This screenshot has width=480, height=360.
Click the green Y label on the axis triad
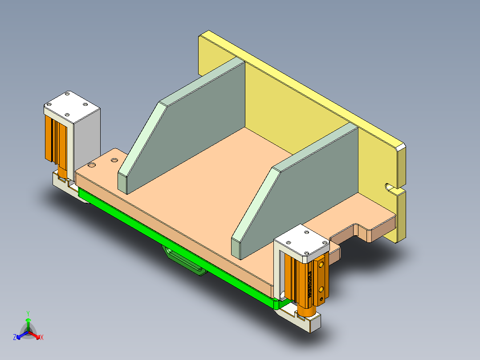pyautogui.click(x=28, y=313)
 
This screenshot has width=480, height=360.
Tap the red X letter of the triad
pyautogui.click(x=42, y=338)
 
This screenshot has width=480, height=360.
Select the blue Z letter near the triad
pyautogui.click(x=15, y=338)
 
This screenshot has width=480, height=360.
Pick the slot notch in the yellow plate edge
pyautogui.click(x=390, y=188)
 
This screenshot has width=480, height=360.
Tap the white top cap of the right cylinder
pyautogui.click(x=302, y=241)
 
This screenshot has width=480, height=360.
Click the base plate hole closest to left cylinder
pyautogui.click(x=92, y=165)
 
